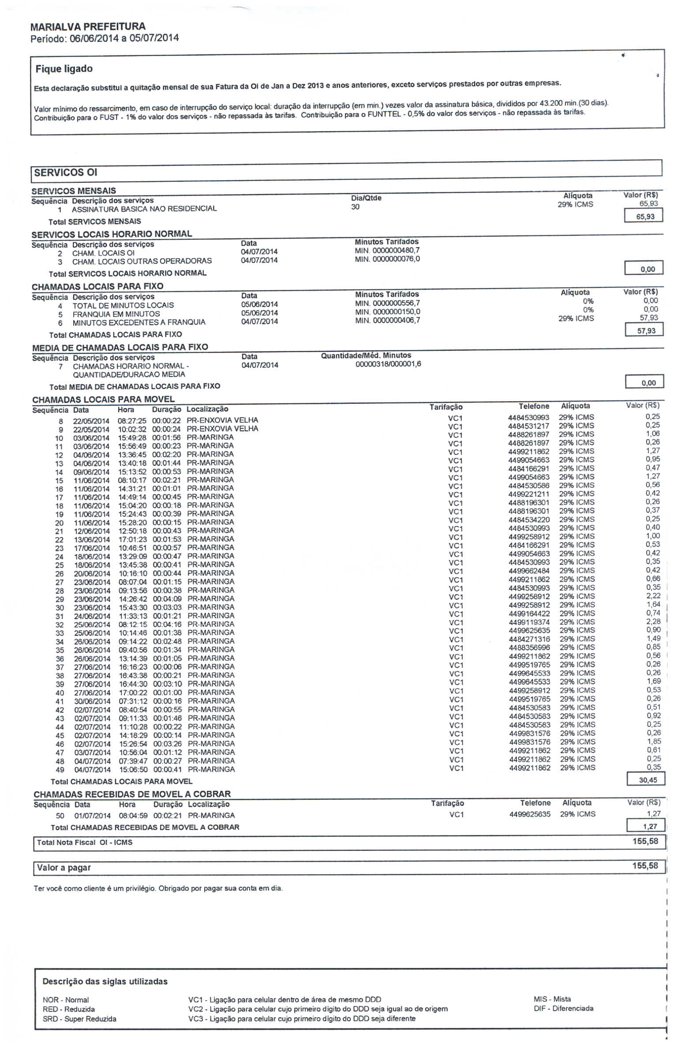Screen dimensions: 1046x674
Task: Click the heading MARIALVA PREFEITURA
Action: tap(88, 26)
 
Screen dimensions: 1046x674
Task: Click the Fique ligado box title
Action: tap(64, 69)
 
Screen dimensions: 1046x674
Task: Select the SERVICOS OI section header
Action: tap(66, 173)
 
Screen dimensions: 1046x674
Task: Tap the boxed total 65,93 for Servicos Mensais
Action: tap(645, 217)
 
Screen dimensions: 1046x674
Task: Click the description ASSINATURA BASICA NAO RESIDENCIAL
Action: tap(144, 209)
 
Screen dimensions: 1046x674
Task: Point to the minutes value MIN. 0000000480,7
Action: tap(387, 250)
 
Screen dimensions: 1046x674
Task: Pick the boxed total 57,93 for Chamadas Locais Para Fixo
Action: tap(646, 331)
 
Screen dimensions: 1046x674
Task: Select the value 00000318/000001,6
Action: tap(388, 364)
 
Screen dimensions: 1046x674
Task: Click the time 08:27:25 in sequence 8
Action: tap(132, 421)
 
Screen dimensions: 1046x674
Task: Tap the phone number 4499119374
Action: tap(529, 622)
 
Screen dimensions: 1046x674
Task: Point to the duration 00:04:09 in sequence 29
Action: tap(167, 599)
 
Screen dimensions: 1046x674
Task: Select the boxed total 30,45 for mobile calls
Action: tap(648, 780)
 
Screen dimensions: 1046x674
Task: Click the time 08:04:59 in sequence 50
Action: tap(133, 816)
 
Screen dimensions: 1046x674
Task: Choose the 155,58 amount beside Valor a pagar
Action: tap(645, 865)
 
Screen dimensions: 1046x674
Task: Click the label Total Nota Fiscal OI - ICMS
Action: tap(85, 843)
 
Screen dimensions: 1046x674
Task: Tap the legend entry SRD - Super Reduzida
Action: tap(79, 1019)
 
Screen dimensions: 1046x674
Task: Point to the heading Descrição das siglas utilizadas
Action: tap(105, 982)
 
